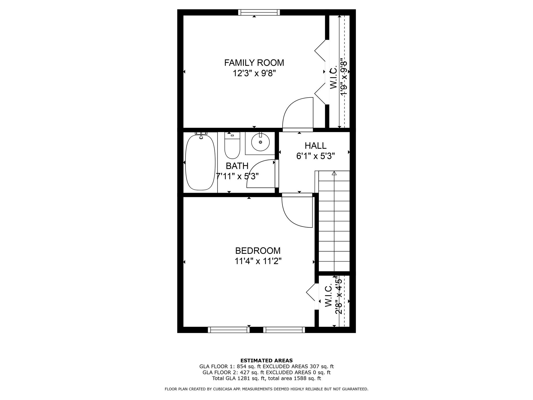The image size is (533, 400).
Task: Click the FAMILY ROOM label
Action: (254, 63)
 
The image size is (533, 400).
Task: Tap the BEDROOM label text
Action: (258, 251)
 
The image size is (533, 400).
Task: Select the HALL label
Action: (315, 146)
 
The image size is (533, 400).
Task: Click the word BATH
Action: (237, 166)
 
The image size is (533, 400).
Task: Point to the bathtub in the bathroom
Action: (200, 162)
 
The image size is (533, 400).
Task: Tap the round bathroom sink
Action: (260, 142)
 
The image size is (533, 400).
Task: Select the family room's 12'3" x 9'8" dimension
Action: (254, 73)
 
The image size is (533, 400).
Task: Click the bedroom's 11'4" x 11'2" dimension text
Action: (258, 261)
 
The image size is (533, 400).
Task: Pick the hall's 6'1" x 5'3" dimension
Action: (315, 156)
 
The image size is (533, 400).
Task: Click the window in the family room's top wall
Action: (259, 12)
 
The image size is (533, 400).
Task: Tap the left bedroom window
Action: (229, 330)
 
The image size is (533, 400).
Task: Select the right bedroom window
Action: (284, 330)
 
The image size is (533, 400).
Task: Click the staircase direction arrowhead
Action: (334, 173)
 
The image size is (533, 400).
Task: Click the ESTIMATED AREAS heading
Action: (266, 361)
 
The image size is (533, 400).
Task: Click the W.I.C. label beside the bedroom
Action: (328, 296)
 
